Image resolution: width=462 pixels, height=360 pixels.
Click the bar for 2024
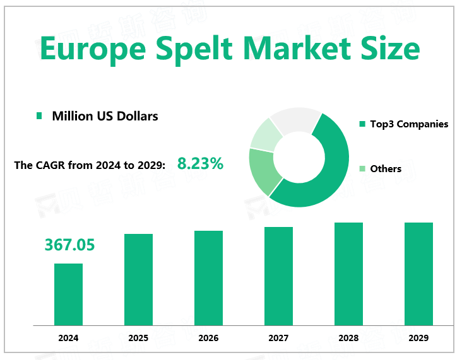[x=68, y=294]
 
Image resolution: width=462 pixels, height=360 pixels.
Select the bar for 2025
[x=138, y=279]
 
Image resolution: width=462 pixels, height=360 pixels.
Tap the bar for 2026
[x=208, y=277]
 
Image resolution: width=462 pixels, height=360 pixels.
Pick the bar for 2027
[x=278, y=276]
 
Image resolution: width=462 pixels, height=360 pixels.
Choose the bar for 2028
[x=348, y=274]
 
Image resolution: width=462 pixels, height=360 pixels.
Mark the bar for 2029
[x=418, y=274]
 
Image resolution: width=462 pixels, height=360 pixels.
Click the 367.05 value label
[x=69, y=245]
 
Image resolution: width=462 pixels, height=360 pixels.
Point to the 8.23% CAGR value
[x=200, y=164]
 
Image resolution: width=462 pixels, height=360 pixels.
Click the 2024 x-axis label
[x=68, y=338]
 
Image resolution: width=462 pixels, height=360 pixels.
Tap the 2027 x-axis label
[x=278, y=338]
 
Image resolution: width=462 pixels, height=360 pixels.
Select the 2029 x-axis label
[x=418, y=338]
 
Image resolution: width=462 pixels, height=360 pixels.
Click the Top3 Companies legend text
[x=409, y=124]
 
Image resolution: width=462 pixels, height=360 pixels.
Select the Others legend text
[x=386, y=168]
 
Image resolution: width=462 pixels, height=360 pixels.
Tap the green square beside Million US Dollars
[x=39, y=116]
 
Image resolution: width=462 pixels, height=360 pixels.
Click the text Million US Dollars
[x=105, y=116]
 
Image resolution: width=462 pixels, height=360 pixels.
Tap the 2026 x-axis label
[x=208, y=338]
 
